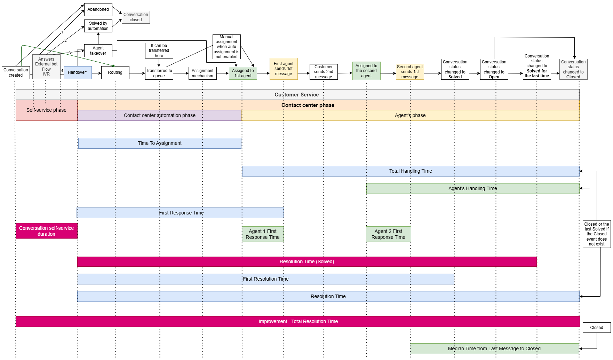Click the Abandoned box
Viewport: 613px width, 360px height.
point(98,9)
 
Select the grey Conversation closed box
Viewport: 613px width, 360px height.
point(136,17)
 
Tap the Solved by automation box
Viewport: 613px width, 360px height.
point(98,26)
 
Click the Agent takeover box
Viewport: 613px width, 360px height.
point(98,50)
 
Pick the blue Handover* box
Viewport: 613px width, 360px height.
point(78,72)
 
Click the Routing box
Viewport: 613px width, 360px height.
point(115,72)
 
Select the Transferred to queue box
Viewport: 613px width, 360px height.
point(159,73)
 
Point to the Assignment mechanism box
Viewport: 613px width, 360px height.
point(202,73)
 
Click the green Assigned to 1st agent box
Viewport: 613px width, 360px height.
point(243,73)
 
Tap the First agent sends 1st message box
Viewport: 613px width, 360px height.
point(284,69)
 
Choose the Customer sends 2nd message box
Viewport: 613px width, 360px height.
point(324,72)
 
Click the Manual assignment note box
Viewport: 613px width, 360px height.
point(226,47)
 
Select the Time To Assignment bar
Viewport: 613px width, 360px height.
point(160,143)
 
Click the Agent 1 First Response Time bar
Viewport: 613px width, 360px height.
point(263,234)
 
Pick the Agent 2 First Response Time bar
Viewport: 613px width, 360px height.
point(388,234)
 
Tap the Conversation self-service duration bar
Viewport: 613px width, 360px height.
point(46,231)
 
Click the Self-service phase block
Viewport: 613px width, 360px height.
point(46,110)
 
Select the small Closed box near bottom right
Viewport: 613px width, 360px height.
point(596,328)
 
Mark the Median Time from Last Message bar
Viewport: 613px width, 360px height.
point(494,349)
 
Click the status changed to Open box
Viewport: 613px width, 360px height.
point(494,69)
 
